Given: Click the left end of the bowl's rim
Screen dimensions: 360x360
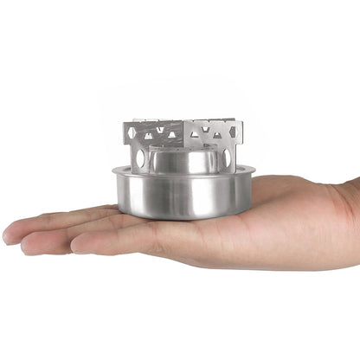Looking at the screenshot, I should (114, 171).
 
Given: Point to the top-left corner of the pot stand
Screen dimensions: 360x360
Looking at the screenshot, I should (125, 124).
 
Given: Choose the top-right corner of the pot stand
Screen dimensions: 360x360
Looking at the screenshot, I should (241, 124).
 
